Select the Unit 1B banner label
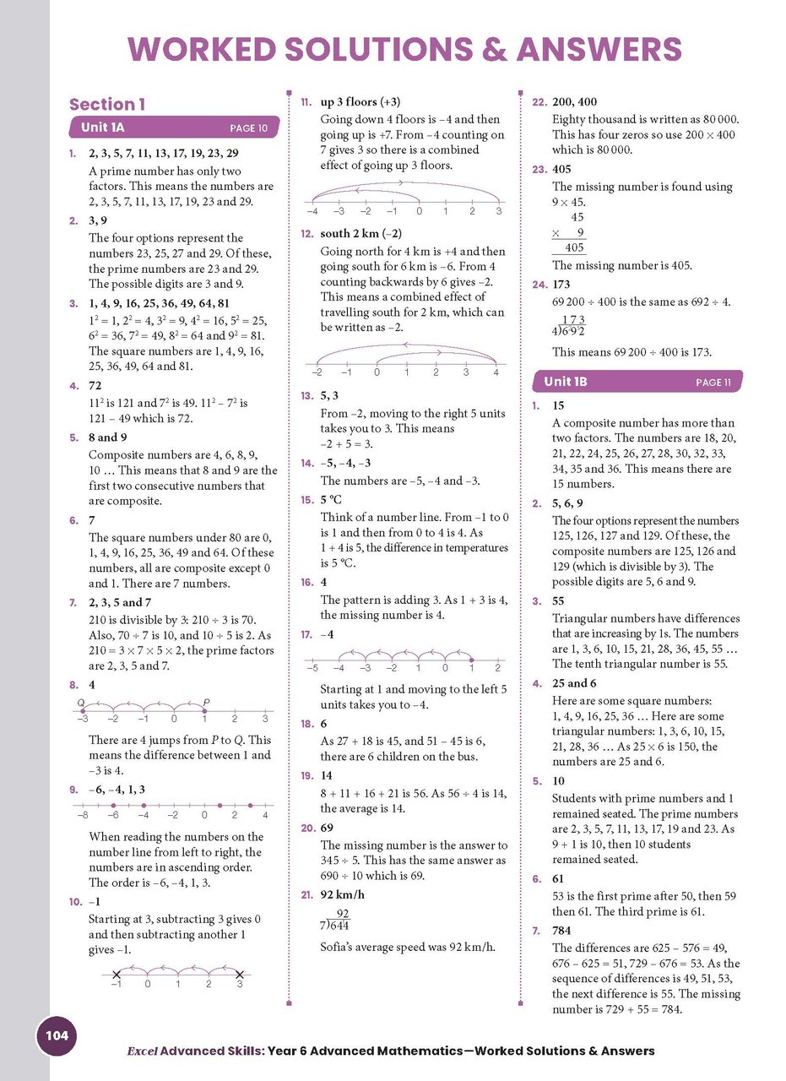(565, 382)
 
